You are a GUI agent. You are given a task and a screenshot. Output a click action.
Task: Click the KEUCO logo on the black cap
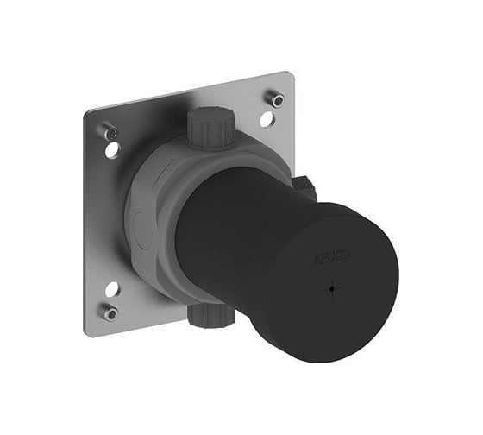(x=331, y=256)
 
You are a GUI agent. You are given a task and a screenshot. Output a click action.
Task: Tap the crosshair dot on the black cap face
(x=332, y=288)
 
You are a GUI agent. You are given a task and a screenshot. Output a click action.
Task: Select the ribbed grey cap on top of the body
(x=210, y=128)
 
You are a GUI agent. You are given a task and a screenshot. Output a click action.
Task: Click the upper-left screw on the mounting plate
(x=110, y=132)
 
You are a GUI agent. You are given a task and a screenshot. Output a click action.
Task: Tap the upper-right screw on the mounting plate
(x=276, y=99)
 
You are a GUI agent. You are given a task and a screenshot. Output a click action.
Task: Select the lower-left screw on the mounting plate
(x=110, y=313)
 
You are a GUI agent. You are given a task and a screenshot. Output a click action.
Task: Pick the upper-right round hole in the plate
(x=267, y=119)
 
